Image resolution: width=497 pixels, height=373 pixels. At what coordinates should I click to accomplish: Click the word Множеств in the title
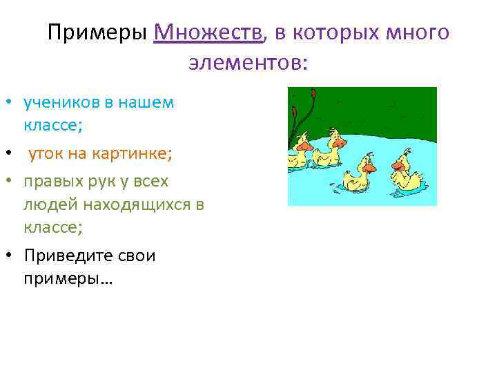pyautogui.click(x=209, y=32)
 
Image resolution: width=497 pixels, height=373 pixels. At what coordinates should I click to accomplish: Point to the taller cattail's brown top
pyautogui.click(x=313, y=92)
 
